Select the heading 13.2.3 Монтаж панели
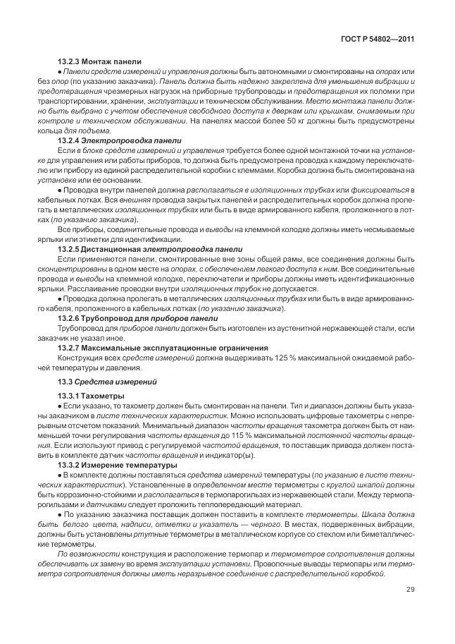tap(99, 61)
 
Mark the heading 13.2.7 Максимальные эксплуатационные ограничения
tap(163, 348)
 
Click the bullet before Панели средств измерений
tap(59, 72)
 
